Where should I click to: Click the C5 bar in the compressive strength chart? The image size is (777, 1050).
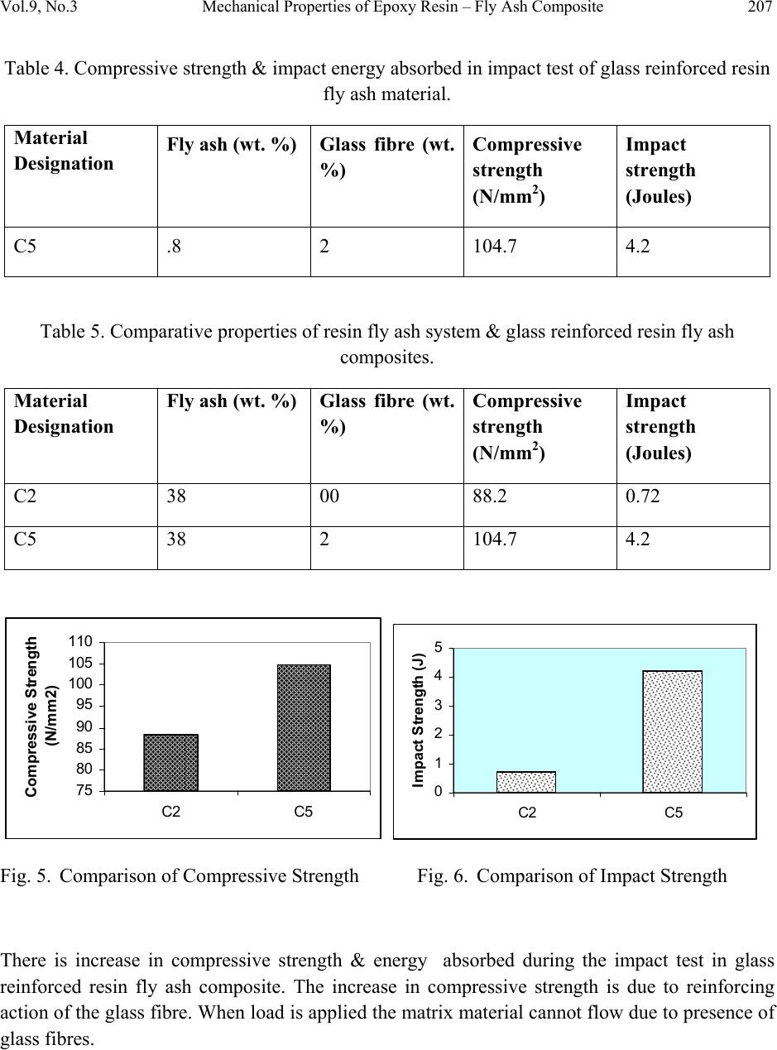click(x=304, y=727)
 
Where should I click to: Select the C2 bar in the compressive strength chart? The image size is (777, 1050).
click(x=170, y=762)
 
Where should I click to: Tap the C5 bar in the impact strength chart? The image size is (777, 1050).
click(x=672, y=731)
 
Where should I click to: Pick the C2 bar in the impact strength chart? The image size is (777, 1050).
click(x=525, y=782)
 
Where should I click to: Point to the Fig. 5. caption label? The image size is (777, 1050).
click(x=27, y=876)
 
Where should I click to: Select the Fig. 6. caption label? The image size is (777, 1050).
click(x=444, y=876)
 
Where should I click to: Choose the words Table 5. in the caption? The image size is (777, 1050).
click(x=74, y=332)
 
